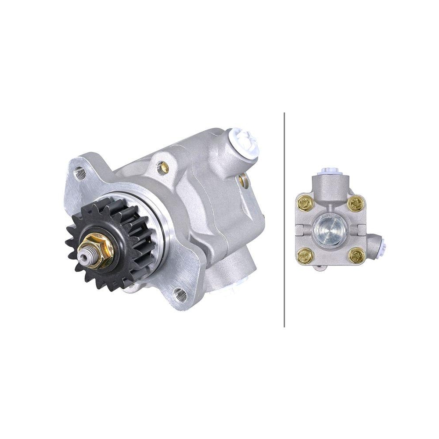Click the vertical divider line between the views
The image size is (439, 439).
(x=284, y=219)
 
